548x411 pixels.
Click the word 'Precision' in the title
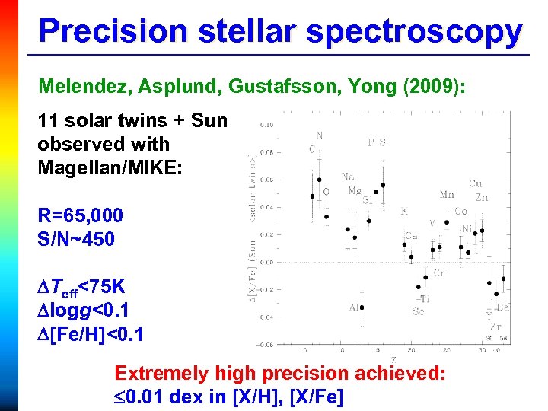coord(113,31)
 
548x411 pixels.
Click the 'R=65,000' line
coord(80,216)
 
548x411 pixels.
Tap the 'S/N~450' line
coord(76,240)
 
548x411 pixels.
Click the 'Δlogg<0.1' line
coord(84,311)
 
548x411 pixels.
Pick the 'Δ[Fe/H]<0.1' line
coord(91,335)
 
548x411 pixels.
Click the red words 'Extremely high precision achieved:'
coord(279,373)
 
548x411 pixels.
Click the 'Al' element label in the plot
coord(354,307)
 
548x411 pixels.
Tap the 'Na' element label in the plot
coord(348,176)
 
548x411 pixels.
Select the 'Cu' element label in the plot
coord(476,183)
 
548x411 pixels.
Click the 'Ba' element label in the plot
coord(502,307)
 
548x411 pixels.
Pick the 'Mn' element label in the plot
coord(448,196)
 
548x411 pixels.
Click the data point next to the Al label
coord(362,307)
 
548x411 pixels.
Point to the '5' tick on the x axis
coord(305,351)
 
